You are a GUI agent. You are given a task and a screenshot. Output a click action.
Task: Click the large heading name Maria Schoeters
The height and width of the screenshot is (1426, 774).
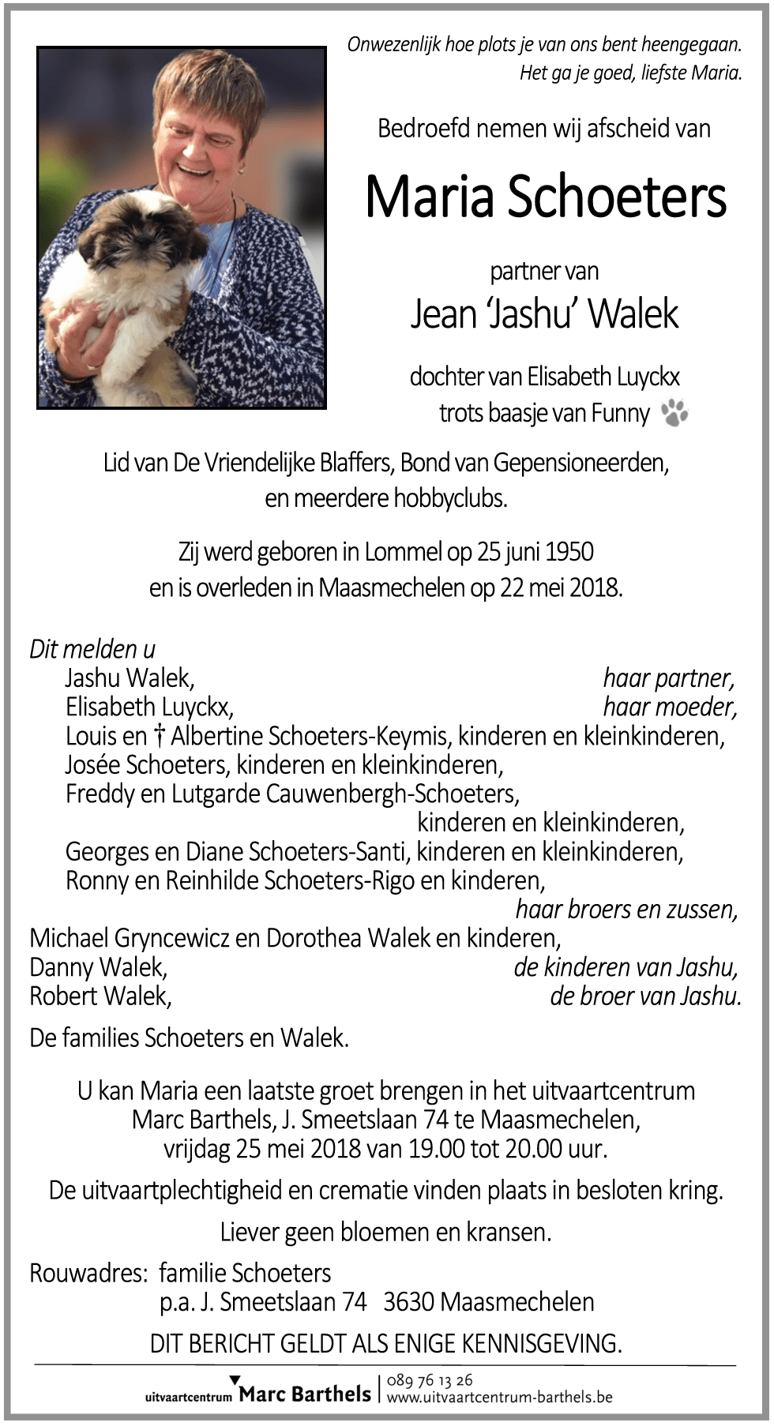545,197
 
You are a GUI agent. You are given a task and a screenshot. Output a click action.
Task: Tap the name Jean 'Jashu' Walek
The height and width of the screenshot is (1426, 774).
544,313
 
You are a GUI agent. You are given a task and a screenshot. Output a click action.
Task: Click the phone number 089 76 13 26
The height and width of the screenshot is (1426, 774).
430,1379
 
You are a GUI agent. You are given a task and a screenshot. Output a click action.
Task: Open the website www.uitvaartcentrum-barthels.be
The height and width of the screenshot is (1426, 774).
499,1397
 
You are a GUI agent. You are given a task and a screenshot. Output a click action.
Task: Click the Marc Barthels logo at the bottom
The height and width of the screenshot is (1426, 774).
304,1393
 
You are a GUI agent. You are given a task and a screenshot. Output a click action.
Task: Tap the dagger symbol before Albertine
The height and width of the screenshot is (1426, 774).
159,736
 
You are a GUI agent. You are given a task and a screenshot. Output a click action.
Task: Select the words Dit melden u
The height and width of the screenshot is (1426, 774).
92,649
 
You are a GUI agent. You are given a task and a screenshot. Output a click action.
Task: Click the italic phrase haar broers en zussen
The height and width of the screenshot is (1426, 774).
626,910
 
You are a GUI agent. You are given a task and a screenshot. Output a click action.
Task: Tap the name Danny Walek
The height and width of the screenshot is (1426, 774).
98,967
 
